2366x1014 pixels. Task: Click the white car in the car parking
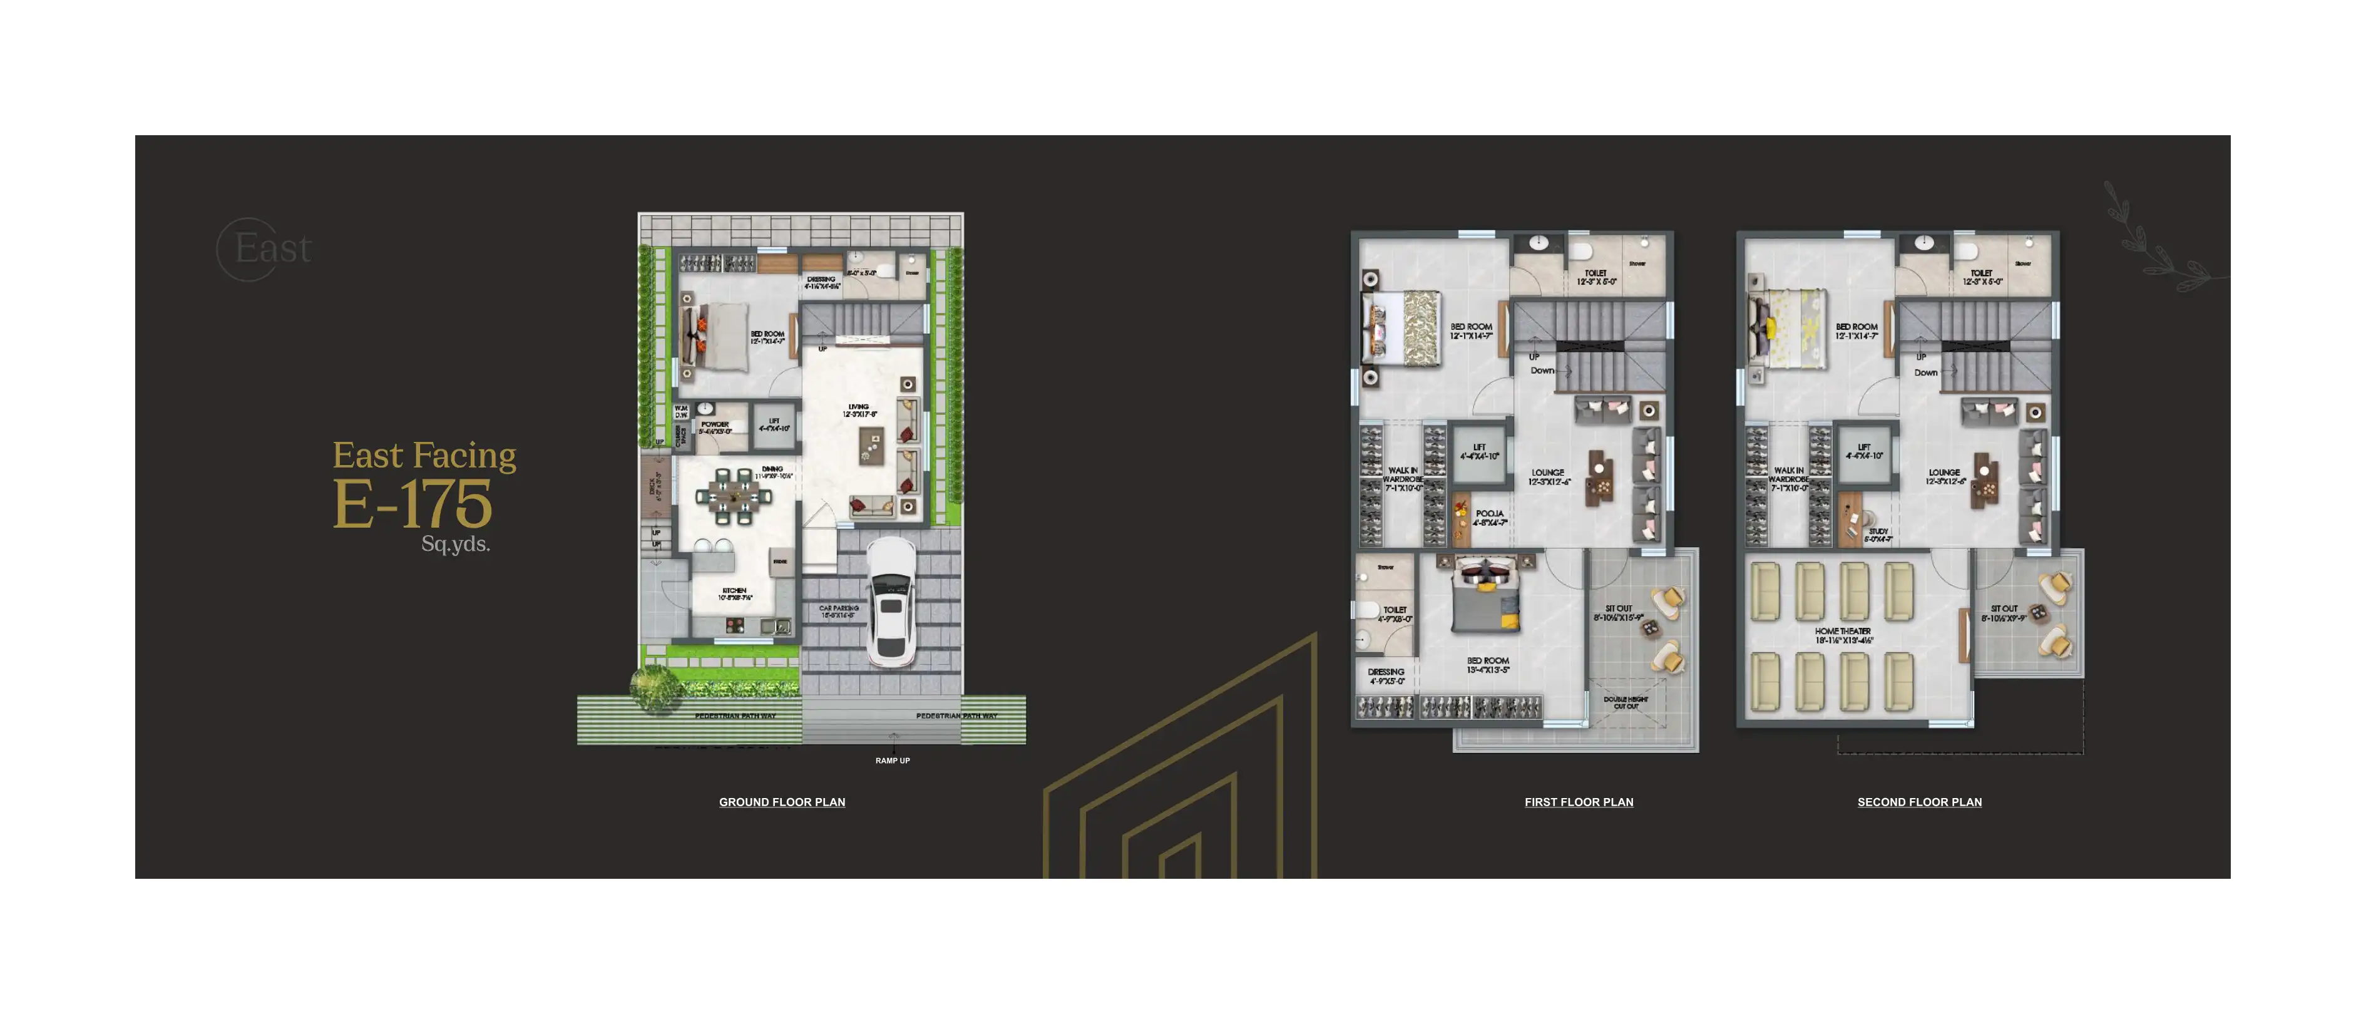(x=890, y=602)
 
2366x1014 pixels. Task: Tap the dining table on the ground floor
(x=733, y=498)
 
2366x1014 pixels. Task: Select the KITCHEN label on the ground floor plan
(x=734, y=591)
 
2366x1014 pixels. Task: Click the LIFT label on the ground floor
(x=774, y=424)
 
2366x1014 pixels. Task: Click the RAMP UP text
(x=892, y=760)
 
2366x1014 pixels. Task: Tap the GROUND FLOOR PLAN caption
(x=782, y=802)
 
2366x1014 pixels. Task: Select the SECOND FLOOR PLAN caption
(x=1918, y=802)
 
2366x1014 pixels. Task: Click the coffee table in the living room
(x=870, y=446)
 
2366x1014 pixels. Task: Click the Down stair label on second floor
(x=1925, y=373)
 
